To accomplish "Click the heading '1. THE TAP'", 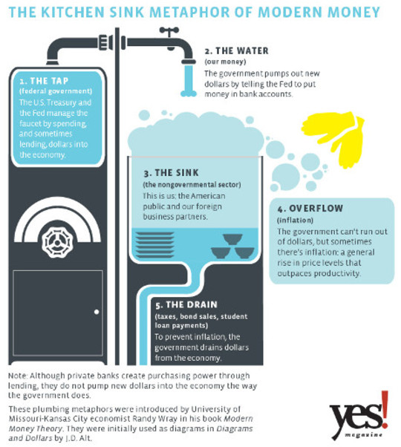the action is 44,81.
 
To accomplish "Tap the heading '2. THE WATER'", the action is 237,50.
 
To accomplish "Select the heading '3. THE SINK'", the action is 171,173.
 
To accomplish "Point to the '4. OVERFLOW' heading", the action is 310,209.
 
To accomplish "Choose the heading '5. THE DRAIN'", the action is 186,304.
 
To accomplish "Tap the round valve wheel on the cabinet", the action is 57,243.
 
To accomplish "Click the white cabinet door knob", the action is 97,312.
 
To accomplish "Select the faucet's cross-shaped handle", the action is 169,30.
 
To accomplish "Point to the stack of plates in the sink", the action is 154,245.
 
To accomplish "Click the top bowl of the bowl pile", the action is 232,239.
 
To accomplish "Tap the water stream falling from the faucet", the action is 189,80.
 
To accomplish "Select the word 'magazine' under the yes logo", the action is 363,435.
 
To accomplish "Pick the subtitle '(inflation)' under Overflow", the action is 296,221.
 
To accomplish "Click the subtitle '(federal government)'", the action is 56,91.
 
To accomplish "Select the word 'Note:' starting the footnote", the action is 18,376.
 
